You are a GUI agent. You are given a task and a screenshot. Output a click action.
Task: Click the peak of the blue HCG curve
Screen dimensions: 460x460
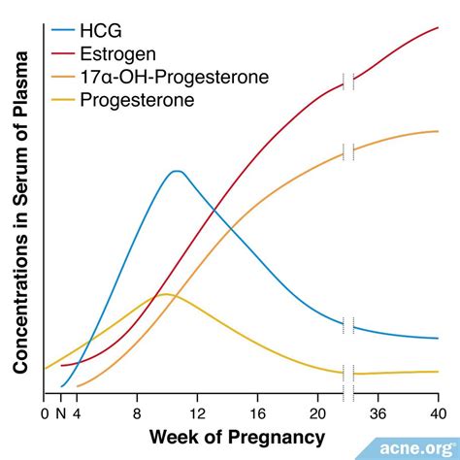click(x=176, y=171)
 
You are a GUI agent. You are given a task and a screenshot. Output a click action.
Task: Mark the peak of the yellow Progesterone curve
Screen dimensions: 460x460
click(x=164, y=294)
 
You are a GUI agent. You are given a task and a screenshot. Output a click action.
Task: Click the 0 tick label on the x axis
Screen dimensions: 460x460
click(x=45, y=411)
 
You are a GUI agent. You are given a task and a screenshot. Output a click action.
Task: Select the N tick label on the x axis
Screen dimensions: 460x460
click(x=60, y=411)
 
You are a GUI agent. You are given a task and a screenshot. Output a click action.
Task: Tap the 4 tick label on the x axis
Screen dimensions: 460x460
click(x=76, y=411)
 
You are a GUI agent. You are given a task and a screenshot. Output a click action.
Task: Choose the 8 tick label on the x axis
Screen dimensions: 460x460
click(x=137, y=411)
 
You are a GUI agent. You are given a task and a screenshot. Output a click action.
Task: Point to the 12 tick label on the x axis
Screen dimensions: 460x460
click(x=197, y=411)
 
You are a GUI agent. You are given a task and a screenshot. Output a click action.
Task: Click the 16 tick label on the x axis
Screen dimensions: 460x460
click(x=258, y=411)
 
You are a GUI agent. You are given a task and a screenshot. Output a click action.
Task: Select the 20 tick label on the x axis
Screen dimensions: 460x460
click(x=318, y=411)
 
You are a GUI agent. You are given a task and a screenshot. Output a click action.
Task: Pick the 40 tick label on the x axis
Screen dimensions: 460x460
click(x=437, y=411)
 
